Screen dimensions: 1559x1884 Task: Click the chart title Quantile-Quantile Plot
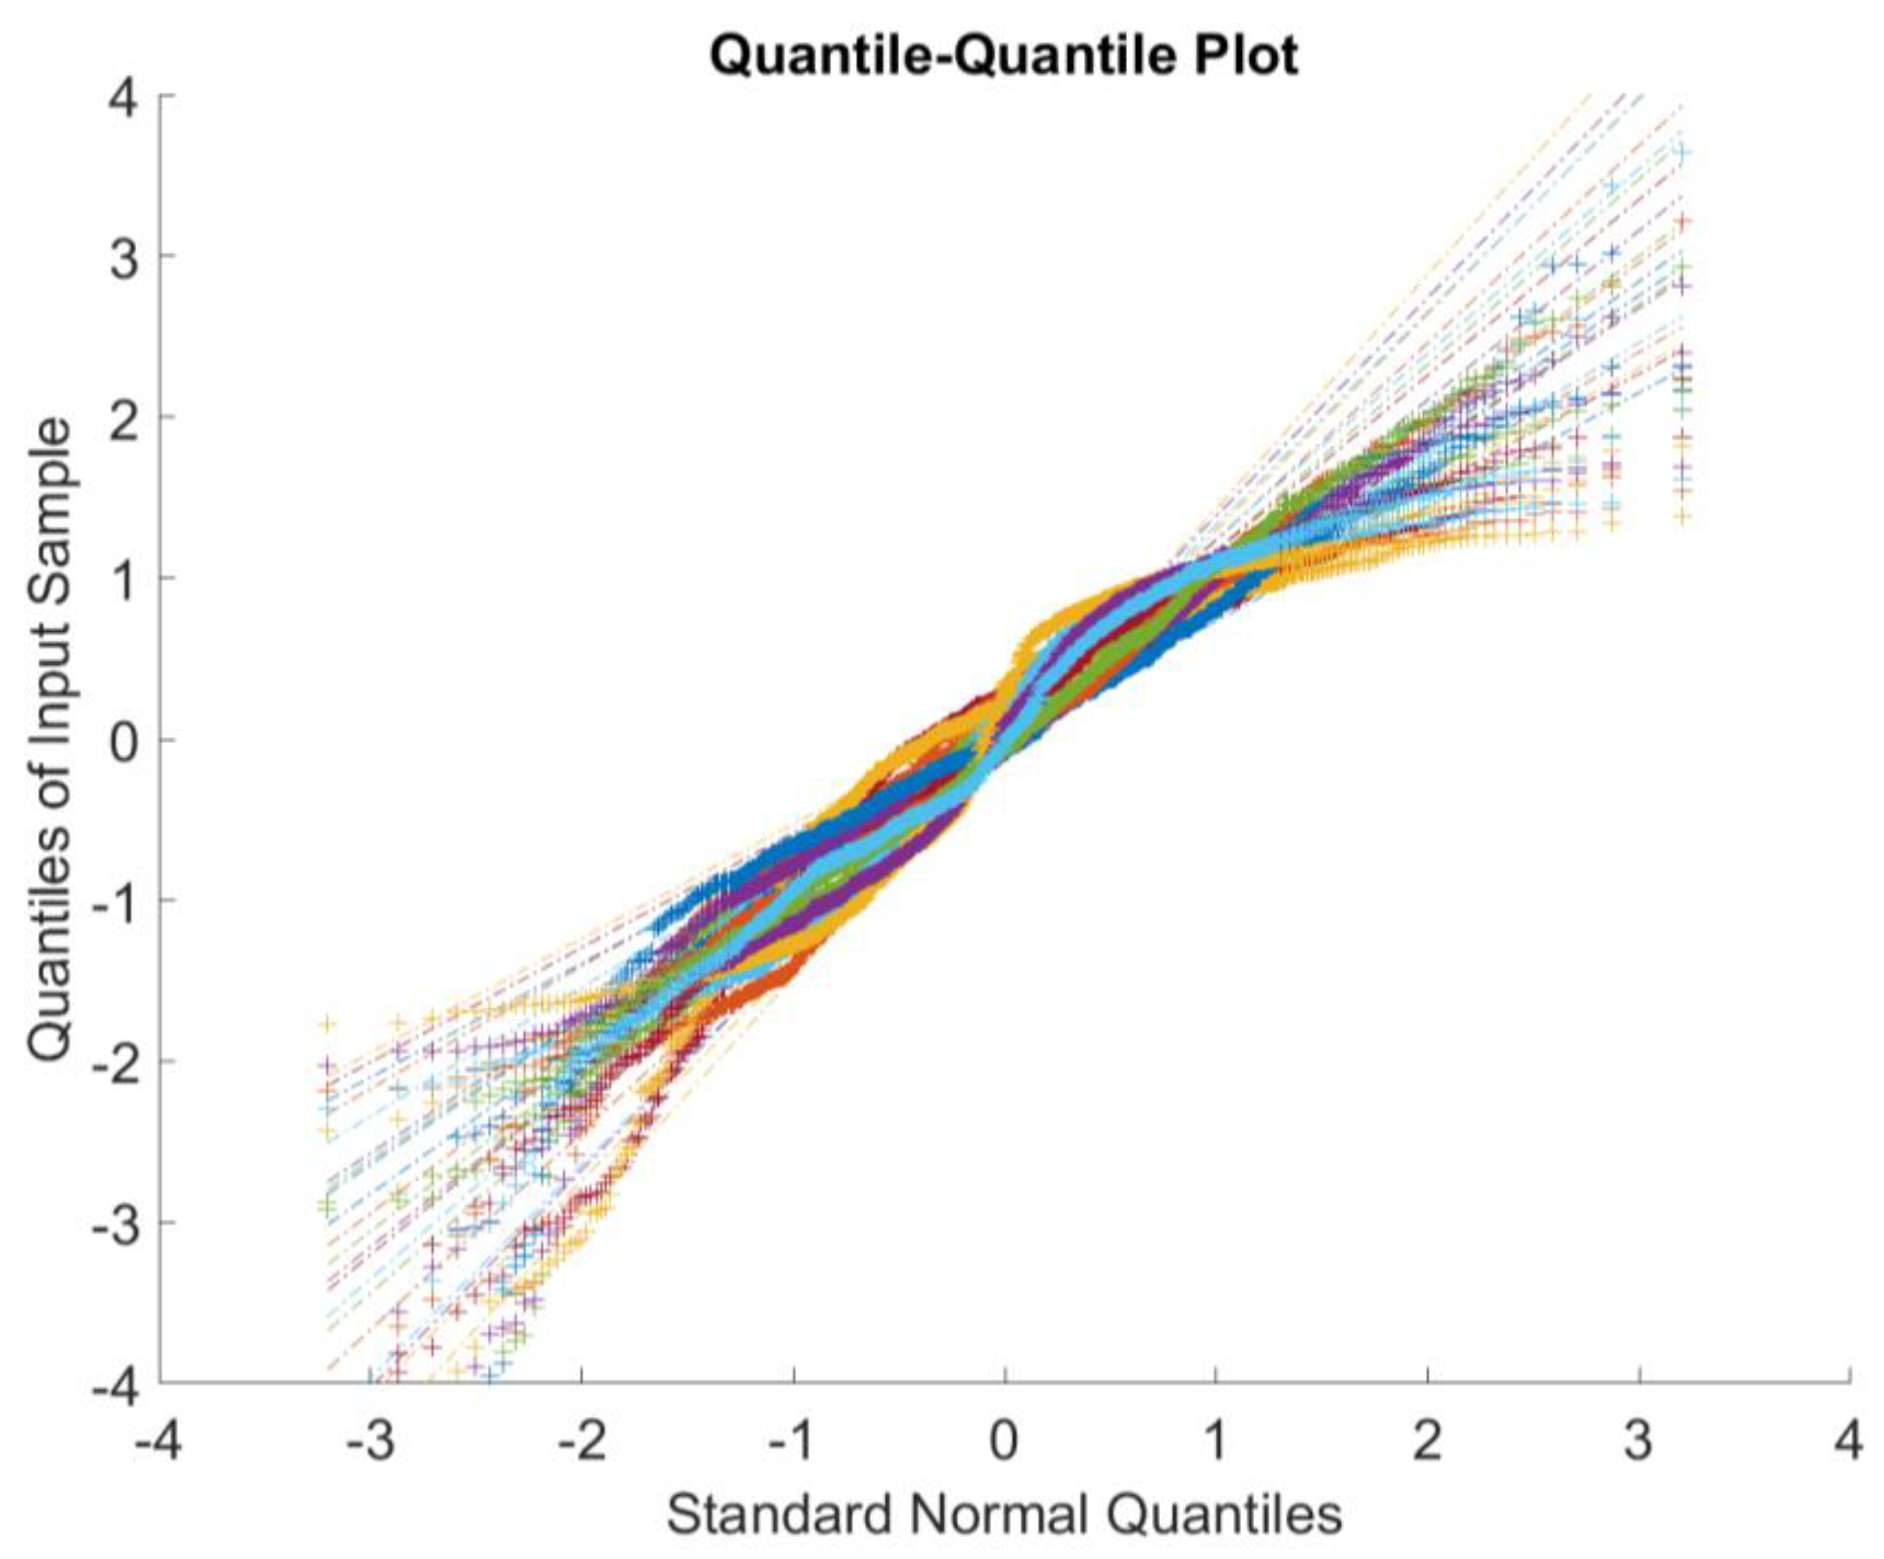[x=1003, y=56]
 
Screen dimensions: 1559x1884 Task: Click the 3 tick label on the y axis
[x=126, y=256]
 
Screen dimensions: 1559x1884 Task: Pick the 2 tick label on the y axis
[x=126, y=417]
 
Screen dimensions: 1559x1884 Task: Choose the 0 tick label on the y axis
[x=126, y=739]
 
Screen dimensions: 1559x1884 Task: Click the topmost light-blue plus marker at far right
[x=1683, y=153]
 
